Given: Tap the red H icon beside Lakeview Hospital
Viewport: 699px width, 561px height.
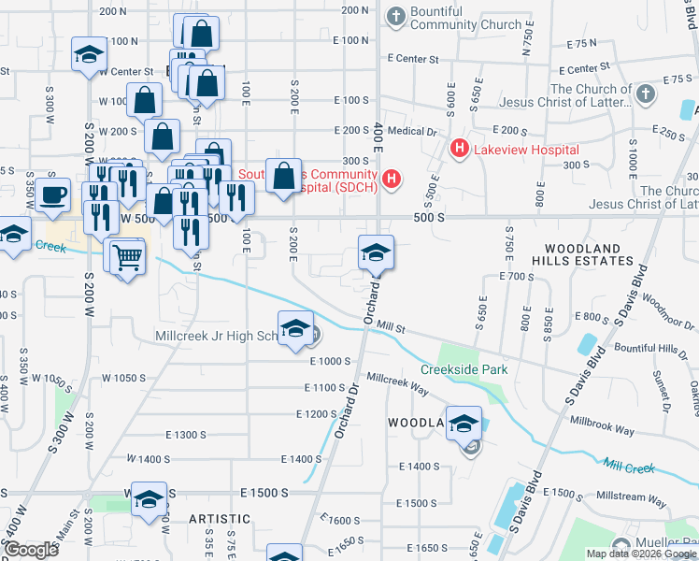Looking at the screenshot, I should coord(460,148).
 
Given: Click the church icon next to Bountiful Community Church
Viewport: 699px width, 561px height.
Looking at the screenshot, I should coord(395,16).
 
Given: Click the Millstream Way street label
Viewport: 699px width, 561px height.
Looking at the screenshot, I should coord(632,501).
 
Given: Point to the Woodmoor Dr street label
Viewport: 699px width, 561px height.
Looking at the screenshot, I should coord(669,320).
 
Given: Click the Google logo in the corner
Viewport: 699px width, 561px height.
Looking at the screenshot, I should coord(31,550).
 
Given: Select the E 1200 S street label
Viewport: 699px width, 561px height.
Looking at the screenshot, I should coord(316,413).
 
